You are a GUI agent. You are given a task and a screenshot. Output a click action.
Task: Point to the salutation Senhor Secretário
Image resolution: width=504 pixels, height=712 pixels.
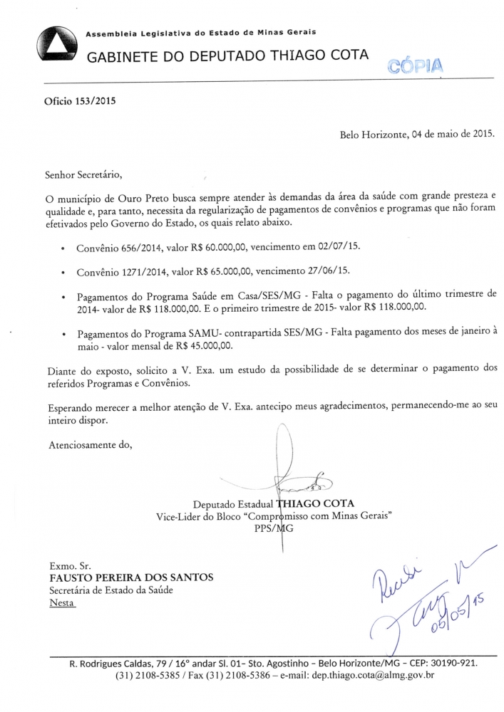pyautogui.click(x=83, y=174)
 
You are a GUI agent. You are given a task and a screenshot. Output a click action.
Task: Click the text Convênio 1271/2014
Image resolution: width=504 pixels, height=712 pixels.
pyautogui.click(x=115, y=272)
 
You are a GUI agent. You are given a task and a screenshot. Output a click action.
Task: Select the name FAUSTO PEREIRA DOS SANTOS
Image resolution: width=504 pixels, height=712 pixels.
pyautogui.click(x=131, y=576)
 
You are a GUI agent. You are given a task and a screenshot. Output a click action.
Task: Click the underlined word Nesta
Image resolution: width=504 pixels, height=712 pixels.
pyautogui.click(x=61, y=602)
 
